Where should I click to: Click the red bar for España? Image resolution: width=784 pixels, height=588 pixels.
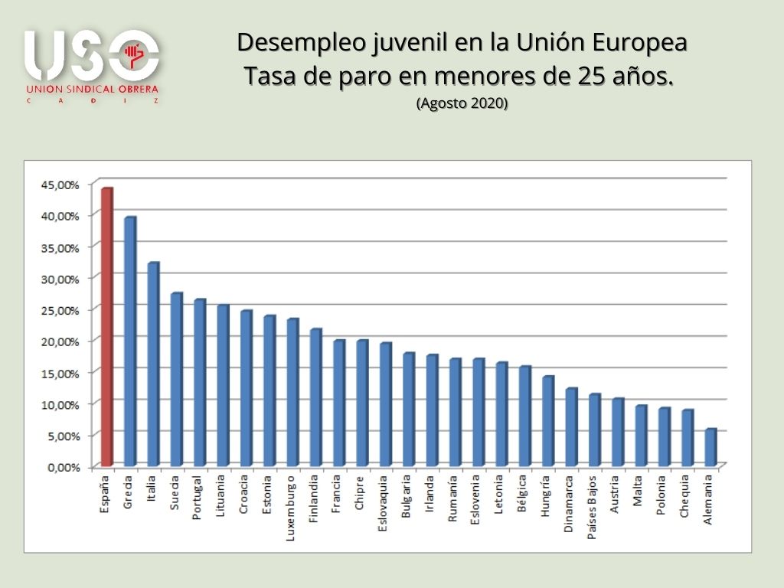coord(106,328)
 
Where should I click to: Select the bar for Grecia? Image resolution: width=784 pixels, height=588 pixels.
coord(129,342)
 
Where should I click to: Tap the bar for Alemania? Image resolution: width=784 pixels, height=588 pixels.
coord(710,448)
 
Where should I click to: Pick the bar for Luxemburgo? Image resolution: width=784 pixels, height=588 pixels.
coord(292,393)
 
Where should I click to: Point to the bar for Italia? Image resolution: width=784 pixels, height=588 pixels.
coord(153,364)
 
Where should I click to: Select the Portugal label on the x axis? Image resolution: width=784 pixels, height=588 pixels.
coord(199,498)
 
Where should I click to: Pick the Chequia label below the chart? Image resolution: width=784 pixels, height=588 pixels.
coord(687,496)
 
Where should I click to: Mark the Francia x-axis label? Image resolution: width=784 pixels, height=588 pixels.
coord(338,496)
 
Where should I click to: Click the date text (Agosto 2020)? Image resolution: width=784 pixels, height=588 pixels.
coord(462,103)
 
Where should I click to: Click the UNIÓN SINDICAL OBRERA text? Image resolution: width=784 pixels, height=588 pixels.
coord(91,89)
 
